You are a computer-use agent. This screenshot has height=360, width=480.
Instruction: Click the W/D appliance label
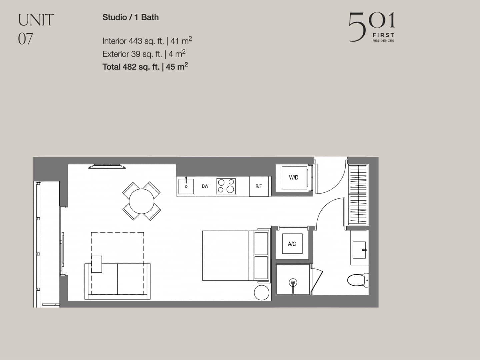pos(293,177)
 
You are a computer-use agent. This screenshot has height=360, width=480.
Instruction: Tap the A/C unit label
pos(292,244)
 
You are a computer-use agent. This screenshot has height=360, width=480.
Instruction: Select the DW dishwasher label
pos(205,186)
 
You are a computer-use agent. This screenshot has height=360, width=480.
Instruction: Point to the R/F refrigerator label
pos(258,186)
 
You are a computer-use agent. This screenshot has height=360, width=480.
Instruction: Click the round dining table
pos(141,201)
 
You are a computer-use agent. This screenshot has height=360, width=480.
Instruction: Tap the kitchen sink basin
pos(186,186)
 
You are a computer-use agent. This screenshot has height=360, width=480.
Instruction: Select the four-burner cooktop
pos(226,186)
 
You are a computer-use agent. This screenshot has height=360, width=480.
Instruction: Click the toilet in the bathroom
pos(358,280)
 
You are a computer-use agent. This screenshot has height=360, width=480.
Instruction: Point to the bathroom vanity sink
pos(359,250)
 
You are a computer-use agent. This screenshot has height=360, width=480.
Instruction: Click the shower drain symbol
pos(293,283)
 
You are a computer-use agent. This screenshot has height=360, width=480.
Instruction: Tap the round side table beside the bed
pos(262,292)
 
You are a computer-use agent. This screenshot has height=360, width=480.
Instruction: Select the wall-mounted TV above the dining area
pos(107,167)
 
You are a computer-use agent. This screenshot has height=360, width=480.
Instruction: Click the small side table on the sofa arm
pos(97,264)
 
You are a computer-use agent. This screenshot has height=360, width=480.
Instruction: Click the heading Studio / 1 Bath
pos(131,17)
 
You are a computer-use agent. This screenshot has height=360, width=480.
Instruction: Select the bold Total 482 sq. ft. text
pos(131,67)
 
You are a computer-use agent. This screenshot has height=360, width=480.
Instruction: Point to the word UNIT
pos(36,20)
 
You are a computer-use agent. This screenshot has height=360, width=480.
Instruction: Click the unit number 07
pos(25,39)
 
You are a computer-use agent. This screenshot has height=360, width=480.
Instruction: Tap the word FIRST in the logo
pos(383,35)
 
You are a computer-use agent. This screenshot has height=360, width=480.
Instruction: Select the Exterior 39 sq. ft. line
pos(132,54)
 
